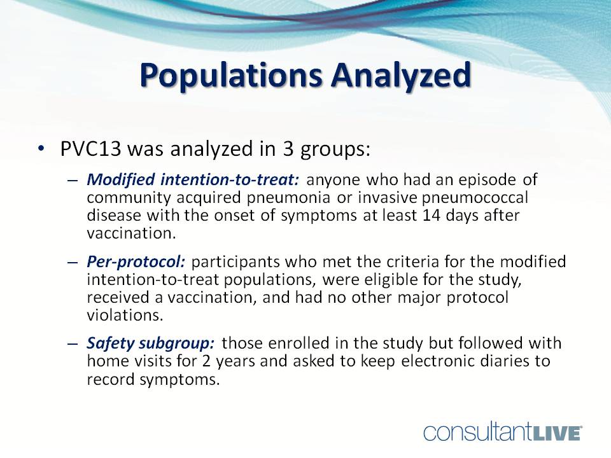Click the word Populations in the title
[x=231, y=75]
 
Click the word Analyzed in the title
[x=401, y=75]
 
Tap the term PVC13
[x=91, y=149]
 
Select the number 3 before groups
[x=288, y=149]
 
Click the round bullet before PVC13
[x=41, y=149]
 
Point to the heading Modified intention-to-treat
[x=193, y=179]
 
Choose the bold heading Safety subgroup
[x=151, y=343]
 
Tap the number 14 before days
[x=432, y=215]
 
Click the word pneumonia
[x=289, y=198]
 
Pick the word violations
[x=125, y=315]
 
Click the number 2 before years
[x=206, y=361]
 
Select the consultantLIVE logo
[x=503, y=433]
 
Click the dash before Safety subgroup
[x=73, y=344]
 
